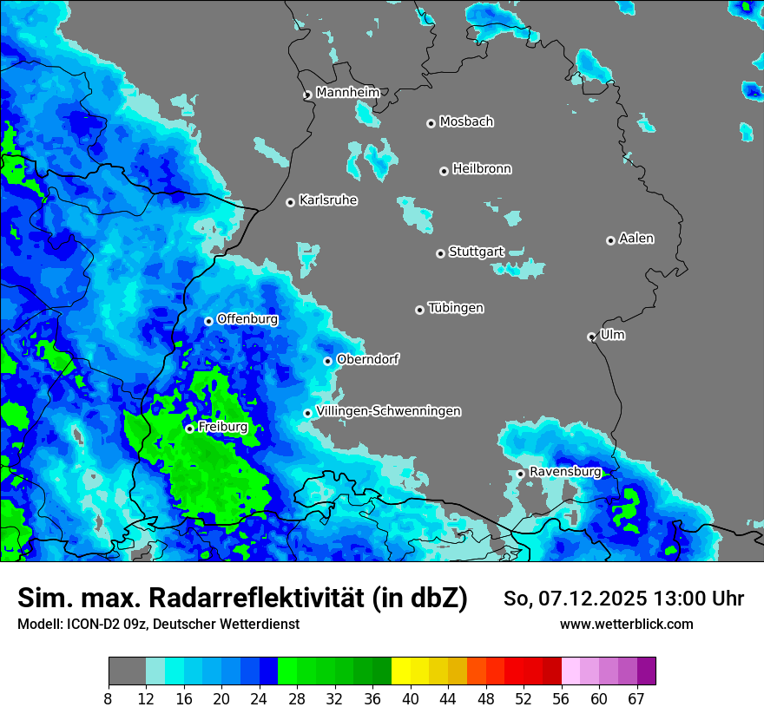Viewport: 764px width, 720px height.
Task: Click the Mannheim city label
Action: point(347,92)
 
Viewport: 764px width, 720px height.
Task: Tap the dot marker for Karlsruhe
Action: point(290,202)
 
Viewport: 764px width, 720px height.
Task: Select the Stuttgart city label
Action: point(476,252)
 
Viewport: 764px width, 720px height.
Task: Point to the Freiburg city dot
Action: point(189,429)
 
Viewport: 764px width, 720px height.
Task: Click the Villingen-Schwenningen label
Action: point(388,411)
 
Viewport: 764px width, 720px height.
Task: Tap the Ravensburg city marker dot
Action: point(520,474)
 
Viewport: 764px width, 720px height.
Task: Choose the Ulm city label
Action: point(612,335)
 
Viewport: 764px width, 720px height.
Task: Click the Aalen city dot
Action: point(610,240)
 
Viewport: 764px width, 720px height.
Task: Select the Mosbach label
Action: point(466,121)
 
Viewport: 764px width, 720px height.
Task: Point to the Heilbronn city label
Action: point(482,169)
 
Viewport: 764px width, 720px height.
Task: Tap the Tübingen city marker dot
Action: point(419,310)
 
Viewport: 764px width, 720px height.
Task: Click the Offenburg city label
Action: point(247,319)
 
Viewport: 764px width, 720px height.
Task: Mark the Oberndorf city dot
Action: point(327,361)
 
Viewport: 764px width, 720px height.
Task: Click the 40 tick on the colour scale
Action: point(411,699)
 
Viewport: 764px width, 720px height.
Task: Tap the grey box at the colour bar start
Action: point(127,671)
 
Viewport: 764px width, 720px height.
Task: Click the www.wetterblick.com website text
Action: point(626,624)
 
